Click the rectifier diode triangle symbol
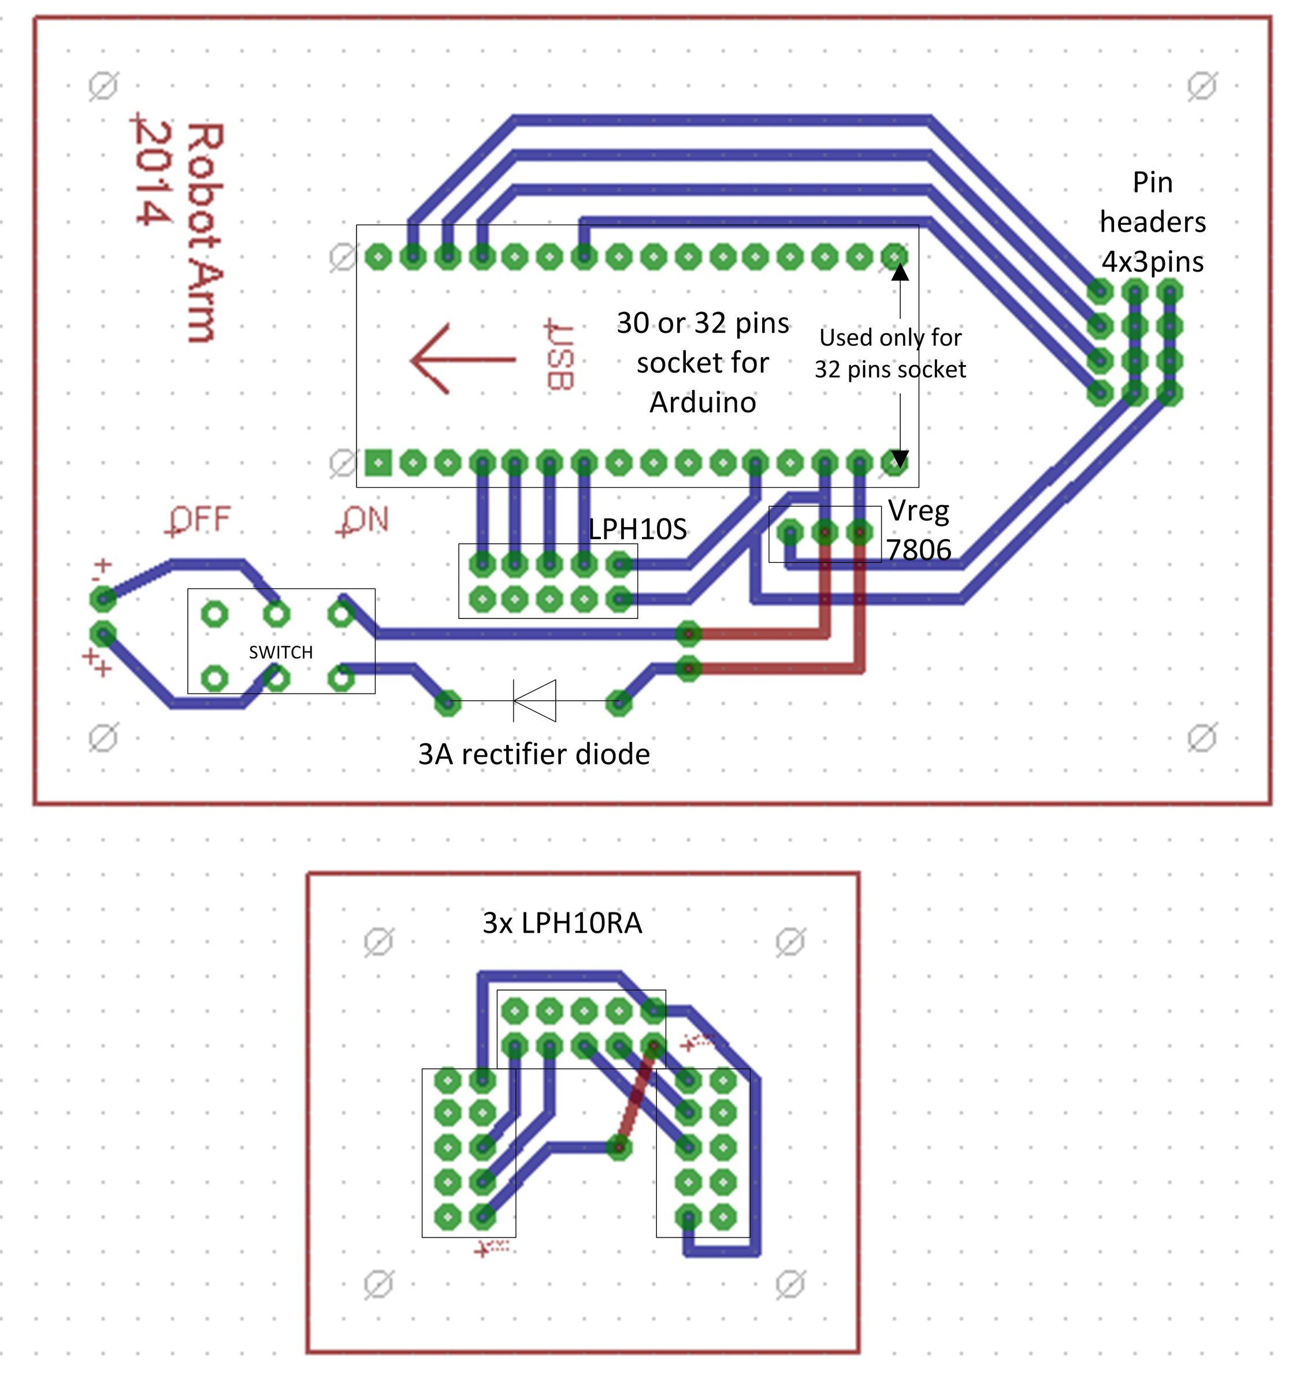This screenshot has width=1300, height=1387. [535, 700]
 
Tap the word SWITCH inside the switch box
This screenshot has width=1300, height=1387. [281, 652]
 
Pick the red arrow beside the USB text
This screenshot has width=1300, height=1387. [462, 359]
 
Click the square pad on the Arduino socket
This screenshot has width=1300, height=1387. [378, 462]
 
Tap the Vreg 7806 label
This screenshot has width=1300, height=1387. [919, 531]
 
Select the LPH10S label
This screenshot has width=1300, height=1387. [637, 529]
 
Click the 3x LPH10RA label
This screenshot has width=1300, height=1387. [562, 923]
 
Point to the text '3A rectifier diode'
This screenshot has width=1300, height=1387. [534, 754]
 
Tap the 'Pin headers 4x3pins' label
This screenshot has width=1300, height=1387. [1153, 222]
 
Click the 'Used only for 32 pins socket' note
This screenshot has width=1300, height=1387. [890, 353]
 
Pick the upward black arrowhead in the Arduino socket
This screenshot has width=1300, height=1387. [900, 272]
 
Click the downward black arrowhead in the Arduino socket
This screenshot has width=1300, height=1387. [900, 459]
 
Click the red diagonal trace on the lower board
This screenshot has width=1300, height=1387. [636, 1095]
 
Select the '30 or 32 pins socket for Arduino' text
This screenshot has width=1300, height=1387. [703, 363]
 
